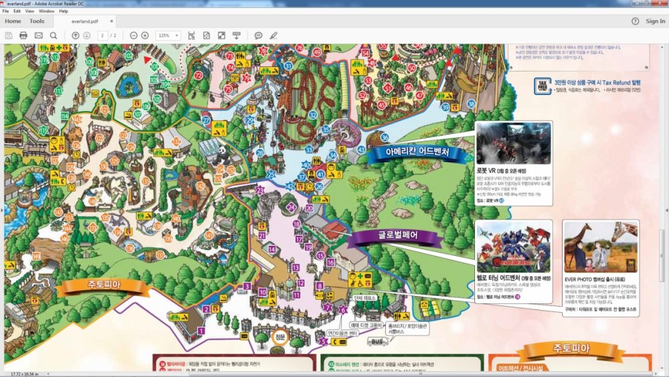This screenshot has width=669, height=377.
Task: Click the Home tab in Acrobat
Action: (x=13, y=21)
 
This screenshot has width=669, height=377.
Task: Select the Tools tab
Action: (x=37, y=21)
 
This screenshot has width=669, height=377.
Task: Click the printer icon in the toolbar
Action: (x=23, y=35)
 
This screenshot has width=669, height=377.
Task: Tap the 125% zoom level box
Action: (x=167, y=35)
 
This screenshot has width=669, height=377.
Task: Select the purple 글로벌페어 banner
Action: (x=394, y=236)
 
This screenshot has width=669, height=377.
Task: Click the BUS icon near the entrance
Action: (x=377, y=342)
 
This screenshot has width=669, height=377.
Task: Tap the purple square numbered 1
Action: (x=201, y=330)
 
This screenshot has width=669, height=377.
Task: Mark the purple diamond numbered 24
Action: (x=291, y=207)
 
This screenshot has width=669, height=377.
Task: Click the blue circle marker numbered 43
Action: (x=361, y=149)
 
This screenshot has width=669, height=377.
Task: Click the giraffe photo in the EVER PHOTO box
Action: (x=600, y=247)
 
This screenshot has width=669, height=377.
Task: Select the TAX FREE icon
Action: (x=542, y=85)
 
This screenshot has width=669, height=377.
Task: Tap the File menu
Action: (x=7, y=11)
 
